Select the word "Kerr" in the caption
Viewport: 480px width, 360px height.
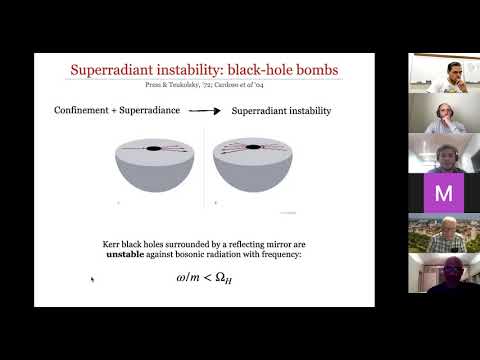[117, 243]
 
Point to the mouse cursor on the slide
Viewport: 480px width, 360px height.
[92, 280]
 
